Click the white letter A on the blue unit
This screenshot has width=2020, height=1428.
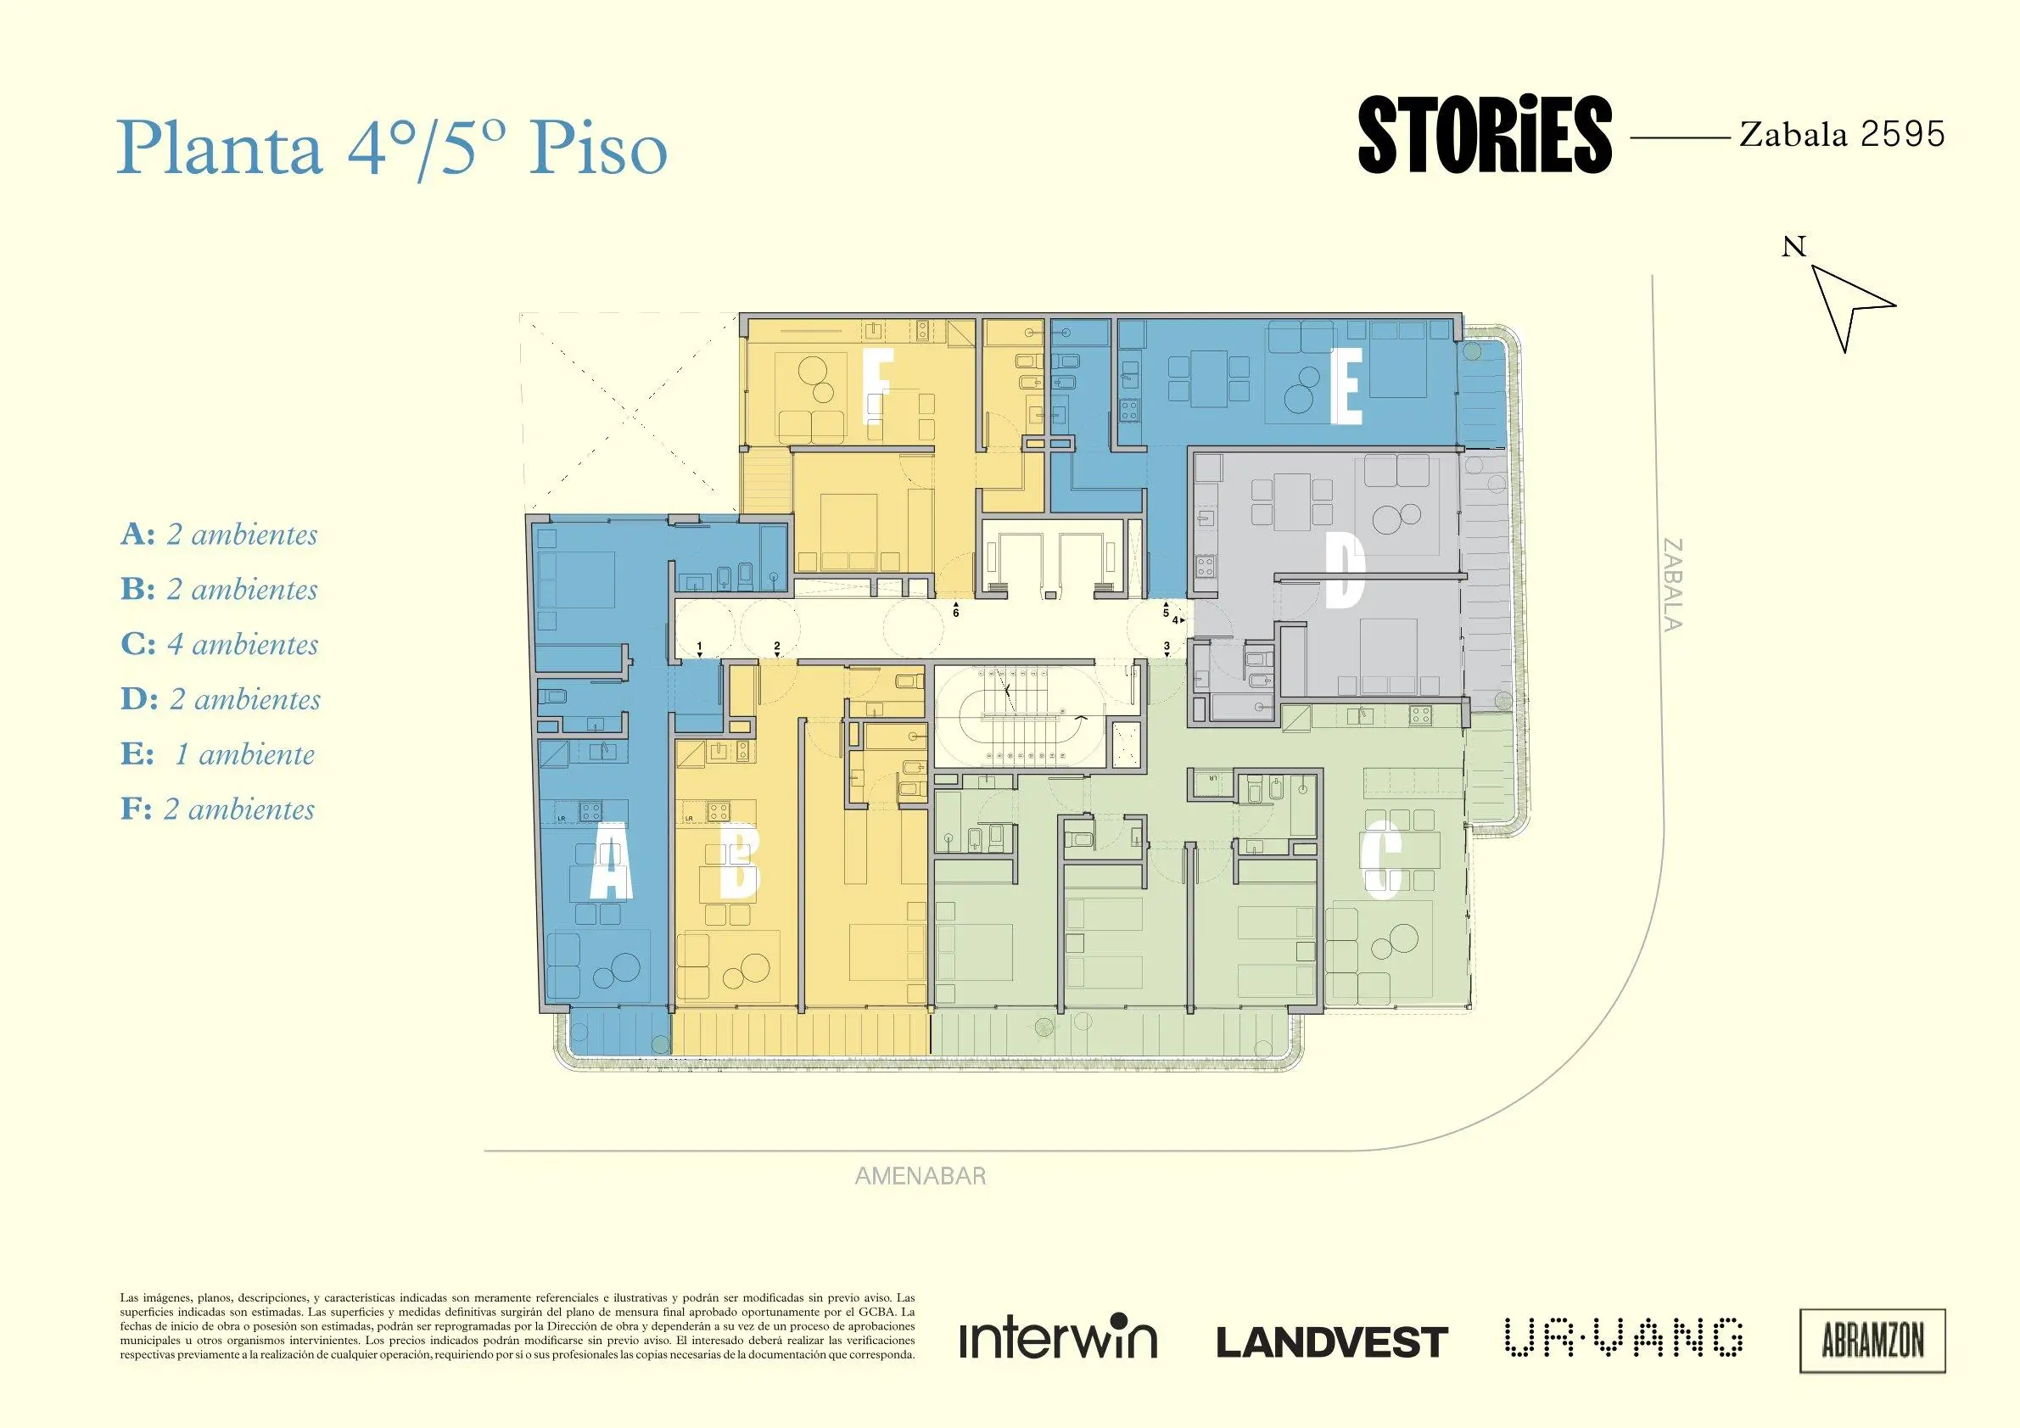611,871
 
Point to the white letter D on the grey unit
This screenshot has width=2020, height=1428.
1345,572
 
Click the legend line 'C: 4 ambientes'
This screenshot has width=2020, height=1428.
220,644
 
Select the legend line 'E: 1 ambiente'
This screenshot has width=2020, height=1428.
217,754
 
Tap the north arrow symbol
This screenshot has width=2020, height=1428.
1849,308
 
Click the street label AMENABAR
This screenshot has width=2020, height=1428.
920,1176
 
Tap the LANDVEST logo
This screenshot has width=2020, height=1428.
1332,1342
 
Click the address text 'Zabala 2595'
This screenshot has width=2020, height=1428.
1843,135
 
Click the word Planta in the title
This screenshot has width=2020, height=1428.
220,148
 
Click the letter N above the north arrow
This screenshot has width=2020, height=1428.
1793,247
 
